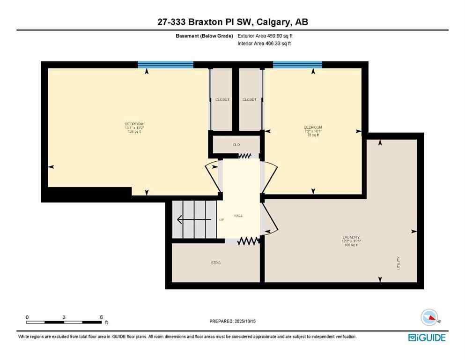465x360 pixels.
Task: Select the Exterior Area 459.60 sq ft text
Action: point(266,36)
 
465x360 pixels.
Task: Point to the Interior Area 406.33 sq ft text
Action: point(265,44)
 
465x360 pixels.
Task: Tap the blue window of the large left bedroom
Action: point(166,65)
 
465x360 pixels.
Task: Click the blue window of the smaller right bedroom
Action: point(297,65)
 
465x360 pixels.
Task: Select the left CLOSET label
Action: point(222,99)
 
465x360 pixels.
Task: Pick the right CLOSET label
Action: point(249,99)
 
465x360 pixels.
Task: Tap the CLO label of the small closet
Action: point(236,145)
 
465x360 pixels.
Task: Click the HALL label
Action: point(238,215)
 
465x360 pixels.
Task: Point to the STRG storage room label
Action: point(215,263)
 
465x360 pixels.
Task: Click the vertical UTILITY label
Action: point(399,262)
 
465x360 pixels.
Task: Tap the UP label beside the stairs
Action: point(221,220)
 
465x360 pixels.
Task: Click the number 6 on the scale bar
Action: point(101,317)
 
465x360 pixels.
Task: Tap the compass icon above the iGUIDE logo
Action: point(429,318)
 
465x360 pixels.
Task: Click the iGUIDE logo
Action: point(426,337)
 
